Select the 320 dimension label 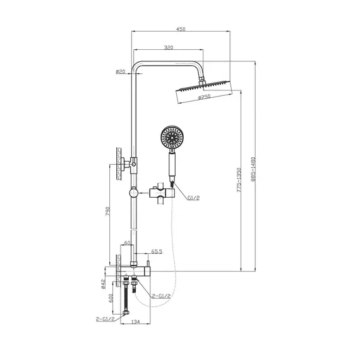pyautogui.click(x=169, y=48)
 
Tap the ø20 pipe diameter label pyautogui.click(x=121, y=71)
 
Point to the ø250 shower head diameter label pyautogui.click(x=203, y=97)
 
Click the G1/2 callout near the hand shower pyautogui.click(x=193, y=198)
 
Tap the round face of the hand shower pyautogui.click(x=172, y=137)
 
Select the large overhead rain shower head pyautogui.click(x=202, y=89)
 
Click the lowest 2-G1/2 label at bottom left pyautogui.click(x=105, y=320)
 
